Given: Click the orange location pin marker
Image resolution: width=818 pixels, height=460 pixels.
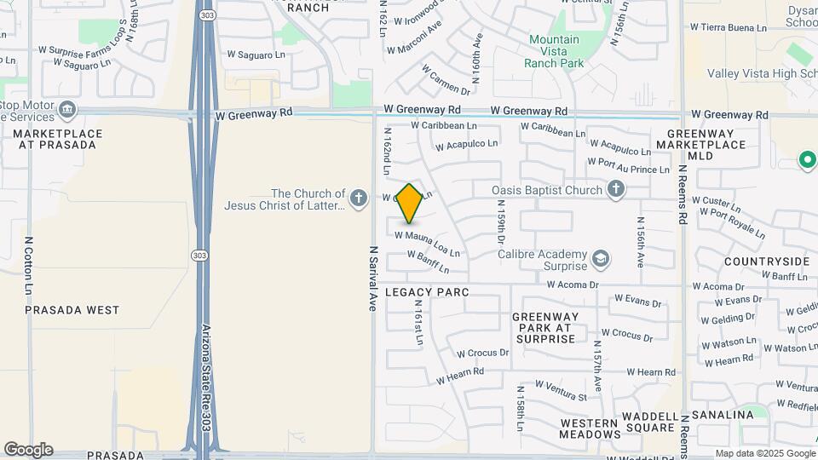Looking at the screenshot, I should pyautogui.click(x=410, y=204).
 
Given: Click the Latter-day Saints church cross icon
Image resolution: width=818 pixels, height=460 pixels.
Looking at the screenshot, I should pyautogui.click(x=359, y=198).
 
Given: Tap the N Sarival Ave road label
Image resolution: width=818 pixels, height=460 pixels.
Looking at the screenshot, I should pyautogui.click(x=372, y=279).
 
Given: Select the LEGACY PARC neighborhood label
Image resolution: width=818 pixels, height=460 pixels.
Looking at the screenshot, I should pyautogui.click(x=428, y=292).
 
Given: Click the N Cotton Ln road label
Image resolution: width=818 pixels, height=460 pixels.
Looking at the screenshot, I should pyautogui.click(x=29, y=266).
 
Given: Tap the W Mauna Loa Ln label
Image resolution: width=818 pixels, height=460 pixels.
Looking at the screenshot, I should pyautogui.click(x=427, y=242).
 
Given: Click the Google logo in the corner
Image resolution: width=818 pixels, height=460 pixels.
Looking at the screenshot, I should pyautogui.click(x=28, y=450).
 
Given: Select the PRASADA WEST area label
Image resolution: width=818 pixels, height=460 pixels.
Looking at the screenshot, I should pyautogui.click(x=72, y=310).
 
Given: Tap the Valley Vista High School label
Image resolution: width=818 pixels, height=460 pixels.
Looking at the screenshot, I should pyautogui.click(x=763, y=73).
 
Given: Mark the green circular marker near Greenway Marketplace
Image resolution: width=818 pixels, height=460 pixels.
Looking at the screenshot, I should pyautogui.click(x=806, y=159).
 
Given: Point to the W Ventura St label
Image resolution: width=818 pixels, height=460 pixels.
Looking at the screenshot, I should pyautogui.click(x=559, y=397).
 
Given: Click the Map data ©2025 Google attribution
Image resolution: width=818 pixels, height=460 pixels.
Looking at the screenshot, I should pyautogui.click(x=763, y=453).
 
